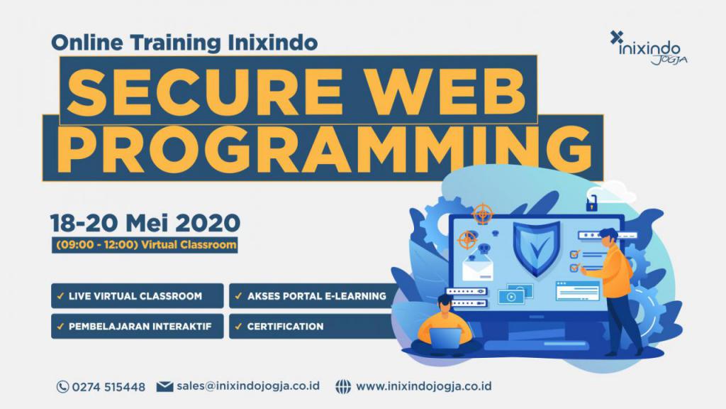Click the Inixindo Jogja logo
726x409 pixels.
click(648, 48)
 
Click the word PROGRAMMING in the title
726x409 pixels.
click(324, 148)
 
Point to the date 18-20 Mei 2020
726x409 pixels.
click(145, 223)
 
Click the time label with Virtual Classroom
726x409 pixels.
click(145, 245)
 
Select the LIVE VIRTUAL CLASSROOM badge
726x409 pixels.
click(137, 296)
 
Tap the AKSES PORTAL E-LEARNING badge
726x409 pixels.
click(314, 296)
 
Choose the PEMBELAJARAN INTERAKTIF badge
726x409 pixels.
click(137, 327)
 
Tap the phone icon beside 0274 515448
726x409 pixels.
click(62, 387)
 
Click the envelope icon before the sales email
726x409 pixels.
click(164, 386)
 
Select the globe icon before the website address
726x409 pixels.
click(343, 387)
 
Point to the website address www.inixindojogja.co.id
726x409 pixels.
click(424, 386)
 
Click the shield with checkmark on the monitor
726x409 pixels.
click(537, 248)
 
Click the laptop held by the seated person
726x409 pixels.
click(445, 337)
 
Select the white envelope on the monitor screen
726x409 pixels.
click(477, 270)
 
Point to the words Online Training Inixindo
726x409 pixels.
click(184, 43)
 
